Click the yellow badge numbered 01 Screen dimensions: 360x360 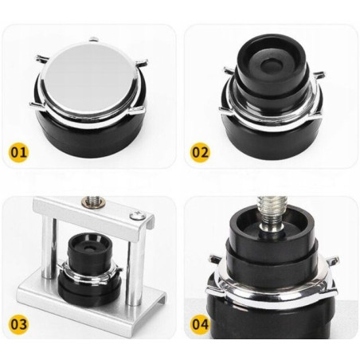(x=18, y=152)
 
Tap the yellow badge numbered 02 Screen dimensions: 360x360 (x=201, y=152)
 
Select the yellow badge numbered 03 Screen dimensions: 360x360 (x=18, y=324)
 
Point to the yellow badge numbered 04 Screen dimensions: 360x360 (x=201, y=324)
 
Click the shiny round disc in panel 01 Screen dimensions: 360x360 (x=89, y=77)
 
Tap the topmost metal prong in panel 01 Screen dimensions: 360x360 (x=95, y=40)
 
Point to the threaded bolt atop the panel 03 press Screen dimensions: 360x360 (x=92, y=201)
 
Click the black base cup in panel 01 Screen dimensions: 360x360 (x=90, y=134)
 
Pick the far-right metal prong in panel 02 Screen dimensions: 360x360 (x=319, y=75)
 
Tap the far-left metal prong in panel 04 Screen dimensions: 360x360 (x=217, y=258)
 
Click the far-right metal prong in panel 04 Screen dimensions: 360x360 (x=333, y=260)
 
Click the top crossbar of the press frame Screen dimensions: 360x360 (x=93, y=213)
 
